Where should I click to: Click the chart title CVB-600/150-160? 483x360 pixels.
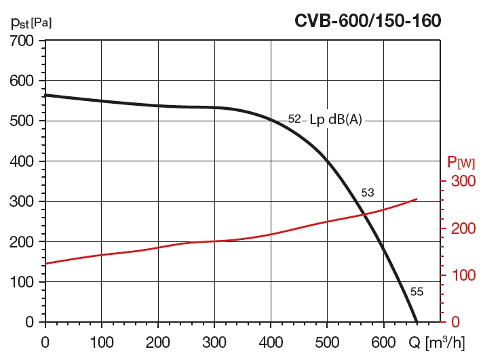(x=368, y=20)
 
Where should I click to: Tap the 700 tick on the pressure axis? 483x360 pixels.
(x=22, y=41)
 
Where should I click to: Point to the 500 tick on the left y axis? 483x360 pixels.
(x=22, y=121)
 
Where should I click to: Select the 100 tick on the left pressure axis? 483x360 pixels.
(x=22, y=282)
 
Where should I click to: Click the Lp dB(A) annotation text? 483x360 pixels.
(x=336, y=120)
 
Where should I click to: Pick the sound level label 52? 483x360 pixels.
(x=294, y=119)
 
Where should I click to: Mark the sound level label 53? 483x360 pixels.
(x=367, y=193)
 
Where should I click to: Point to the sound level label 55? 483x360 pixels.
(x=417, y=292)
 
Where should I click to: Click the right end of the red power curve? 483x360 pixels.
(x=417, y=199)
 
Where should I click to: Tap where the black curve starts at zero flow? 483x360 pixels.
(x=45, y=95)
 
